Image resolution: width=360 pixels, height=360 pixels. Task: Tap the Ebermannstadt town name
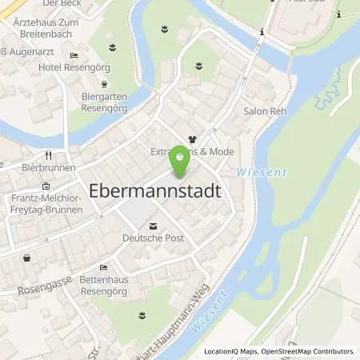(x=155, y=192)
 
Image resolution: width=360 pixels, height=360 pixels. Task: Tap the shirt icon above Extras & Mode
(x=191, y=138)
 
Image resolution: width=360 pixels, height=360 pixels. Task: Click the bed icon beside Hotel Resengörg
(x=74, y=55)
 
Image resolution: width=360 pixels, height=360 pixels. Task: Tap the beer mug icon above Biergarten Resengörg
(x=103, y=83)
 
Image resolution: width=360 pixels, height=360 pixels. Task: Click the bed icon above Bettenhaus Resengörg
(x=103, y=267)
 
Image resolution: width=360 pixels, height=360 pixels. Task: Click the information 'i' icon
(x=262, y=31)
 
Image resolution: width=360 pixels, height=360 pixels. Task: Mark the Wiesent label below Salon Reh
(x=254, y=172)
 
